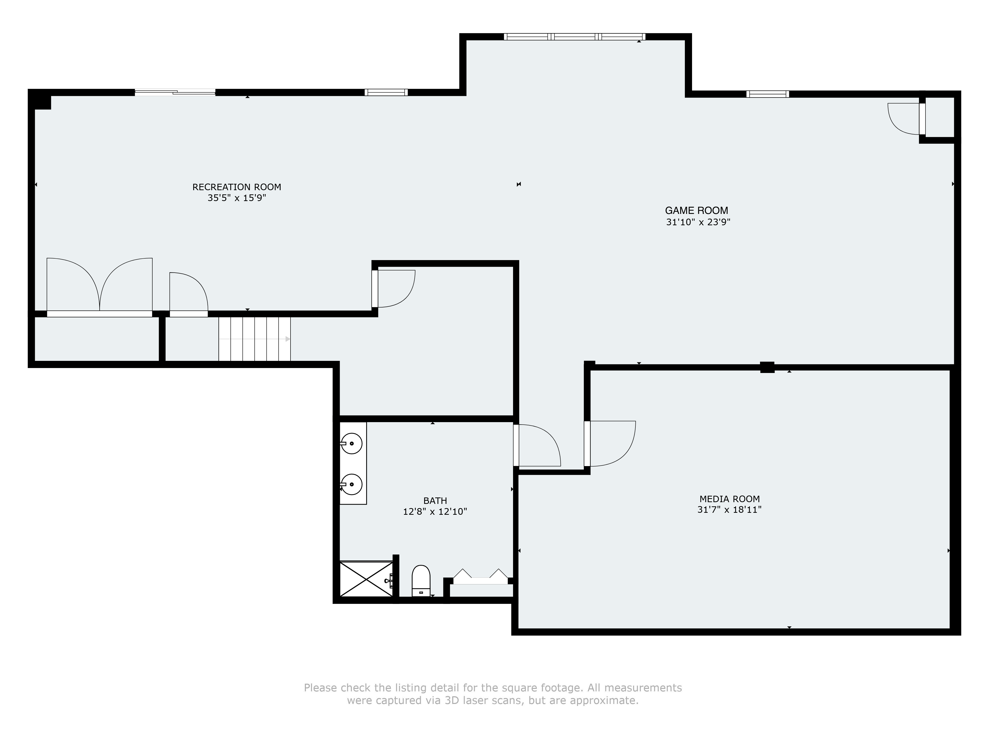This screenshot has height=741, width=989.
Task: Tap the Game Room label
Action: [697, 210]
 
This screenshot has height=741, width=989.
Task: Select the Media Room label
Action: [730, 499]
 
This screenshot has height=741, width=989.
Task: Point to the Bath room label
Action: [435, 501]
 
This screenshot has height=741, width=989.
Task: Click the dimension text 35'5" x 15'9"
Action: [237, 198]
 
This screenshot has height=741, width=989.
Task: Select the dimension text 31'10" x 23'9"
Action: [698, 222]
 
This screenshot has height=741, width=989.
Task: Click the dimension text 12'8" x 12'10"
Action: [435, 512]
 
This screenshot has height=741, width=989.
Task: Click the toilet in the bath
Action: [421, 581]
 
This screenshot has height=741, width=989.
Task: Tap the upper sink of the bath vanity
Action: [351, 444]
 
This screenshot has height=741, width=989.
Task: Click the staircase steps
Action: [254, 339]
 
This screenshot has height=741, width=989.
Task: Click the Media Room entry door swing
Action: [610, 444]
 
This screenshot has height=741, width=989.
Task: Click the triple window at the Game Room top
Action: [575, 37]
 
